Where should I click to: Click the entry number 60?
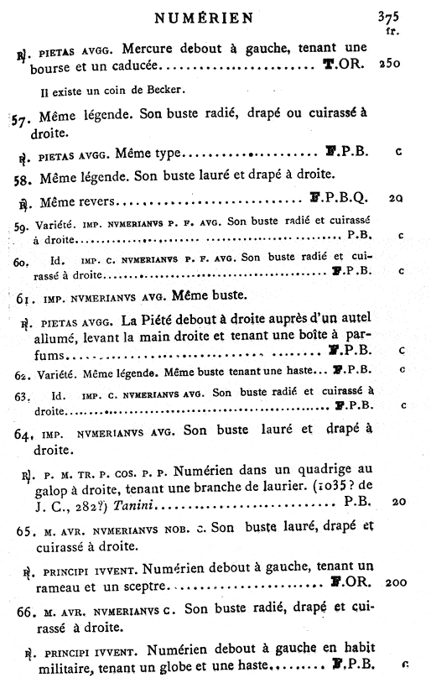(x=23, y=262)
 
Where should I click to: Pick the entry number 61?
(x=23, y=297)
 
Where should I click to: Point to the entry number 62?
(x=23, y=370)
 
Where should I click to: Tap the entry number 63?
(x=23, y=394)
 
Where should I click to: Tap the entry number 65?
(x=25, y=532)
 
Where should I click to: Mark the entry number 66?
(x=25, y=608)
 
